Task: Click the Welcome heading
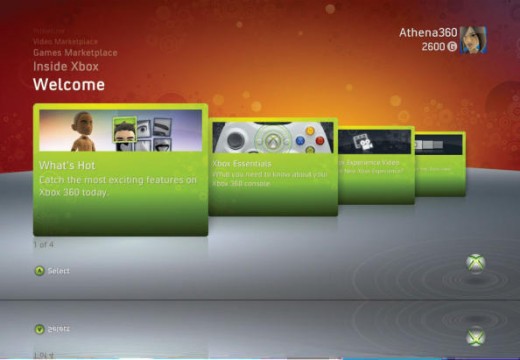coord(69,85)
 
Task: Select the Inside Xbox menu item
coord(67,65)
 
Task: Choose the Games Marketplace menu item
coord(75,51)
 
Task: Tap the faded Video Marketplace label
coord(67,41)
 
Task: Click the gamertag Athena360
coord(427,32)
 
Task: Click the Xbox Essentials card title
coord(243,160)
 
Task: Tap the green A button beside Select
coord(40,270)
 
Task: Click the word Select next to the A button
coord(59,271)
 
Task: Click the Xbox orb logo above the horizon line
coord(477,264)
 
